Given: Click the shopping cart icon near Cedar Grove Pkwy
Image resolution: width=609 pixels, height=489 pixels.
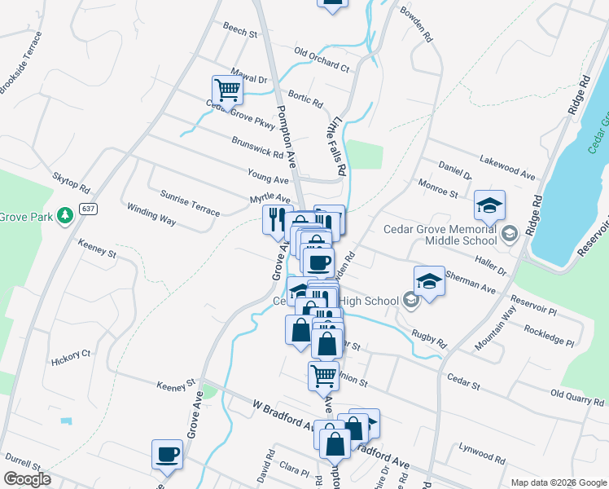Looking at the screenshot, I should (x=227, y=90).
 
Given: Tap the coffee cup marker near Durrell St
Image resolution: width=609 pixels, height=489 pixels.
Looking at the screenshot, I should (x=168, y=454).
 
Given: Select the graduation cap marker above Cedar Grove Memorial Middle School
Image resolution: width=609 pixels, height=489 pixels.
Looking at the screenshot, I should (x=489, y=205).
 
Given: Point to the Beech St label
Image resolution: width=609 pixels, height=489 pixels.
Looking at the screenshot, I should (x=240, y=30).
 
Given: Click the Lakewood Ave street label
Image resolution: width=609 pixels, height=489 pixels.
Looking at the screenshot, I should (x=508, y=167).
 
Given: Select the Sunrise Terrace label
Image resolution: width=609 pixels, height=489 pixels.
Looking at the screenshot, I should (x=190, y=205).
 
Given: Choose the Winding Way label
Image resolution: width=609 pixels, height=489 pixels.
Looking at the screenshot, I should (x=151, y=214).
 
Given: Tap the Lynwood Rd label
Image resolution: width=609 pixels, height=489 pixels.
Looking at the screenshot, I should (x=477, y=448).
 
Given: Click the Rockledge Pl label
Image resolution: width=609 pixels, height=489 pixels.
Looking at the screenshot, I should (x=550, y=333).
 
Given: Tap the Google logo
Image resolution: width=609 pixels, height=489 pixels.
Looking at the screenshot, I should (x=28, y=479).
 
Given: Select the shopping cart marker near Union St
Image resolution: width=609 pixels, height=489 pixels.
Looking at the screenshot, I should (x=323, y=375).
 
